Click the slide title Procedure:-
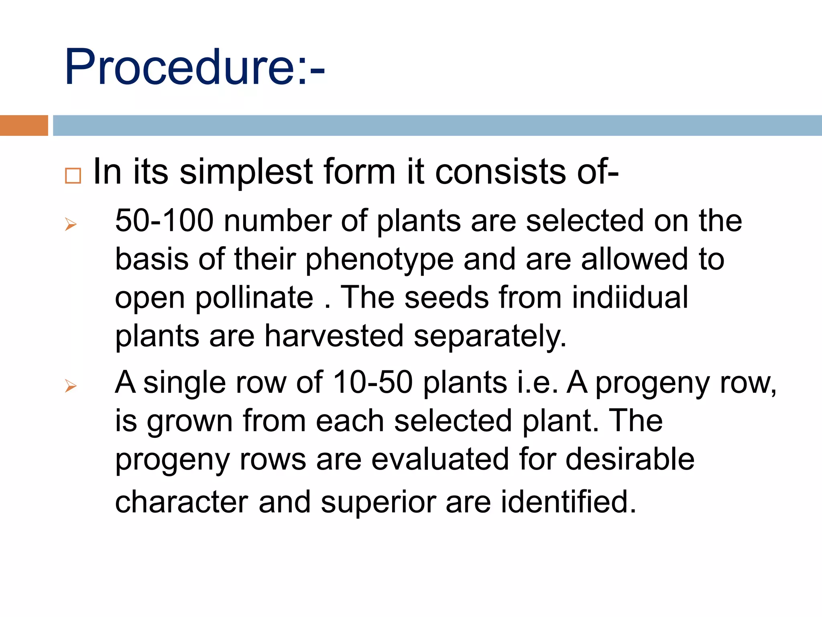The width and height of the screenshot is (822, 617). pyautogui.click(x=194, y=67)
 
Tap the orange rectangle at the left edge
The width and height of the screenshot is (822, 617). pyautogui.click(x=24, y=125)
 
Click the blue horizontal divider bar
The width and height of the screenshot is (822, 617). pyautogui.click(x=437, y=125)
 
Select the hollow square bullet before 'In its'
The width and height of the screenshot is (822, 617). pyautogui.click(x=73, y=176)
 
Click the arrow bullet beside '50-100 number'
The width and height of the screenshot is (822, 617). pyautogui.click(x=71, y=224)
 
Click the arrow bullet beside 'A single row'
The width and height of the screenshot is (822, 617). pyautogui.click(x=71, y=386)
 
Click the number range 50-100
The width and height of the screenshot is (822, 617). pyautogui.click(x=164, y=221)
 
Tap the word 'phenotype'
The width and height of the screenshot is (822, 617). pyautogui.click(x=379, y=260)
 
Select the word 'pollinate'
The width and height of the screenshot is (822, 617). pyautogui.click(x=254, y=298)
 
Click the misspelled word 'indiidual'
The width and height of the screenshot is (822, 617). pyautogui.click(x=630, y=297)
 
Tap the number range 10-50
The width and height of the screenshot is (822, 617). pyautogui.click(x=372, y=382)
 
